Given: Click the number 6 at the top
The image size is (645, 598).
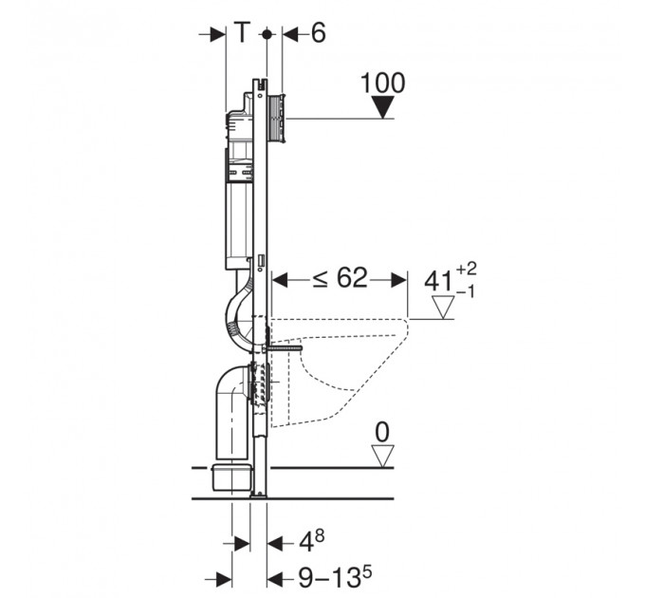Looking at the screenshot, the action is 318,32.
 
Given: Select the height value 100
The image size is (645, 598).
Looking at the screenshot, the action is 382,84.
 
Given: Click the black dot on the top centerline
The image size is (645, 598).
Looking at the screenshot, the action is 267,34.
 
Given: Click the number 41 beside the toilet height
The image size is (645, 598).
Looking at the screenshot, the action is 438,282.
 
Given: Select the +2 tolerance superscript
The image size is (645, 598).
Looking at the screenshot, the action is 467,270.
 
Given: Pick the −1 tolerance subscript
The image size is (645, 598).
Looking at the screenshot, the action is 466,291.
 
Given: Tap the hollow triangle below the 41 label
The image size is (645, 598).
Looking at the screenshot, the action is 443,307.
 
